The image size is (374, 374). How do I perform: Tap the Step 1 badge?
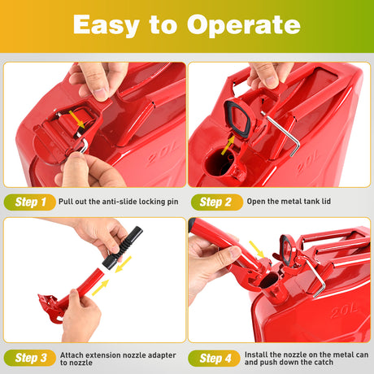[30, 201]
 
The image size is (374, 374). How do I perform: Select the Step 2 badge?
[216, 201]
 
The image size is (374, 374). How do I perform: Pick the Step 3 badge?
[30, 358]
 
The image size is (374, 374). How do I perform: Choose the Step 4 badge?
[216, 358]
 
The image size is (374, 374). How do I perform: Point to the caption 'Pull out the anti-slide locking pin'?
[116, 201]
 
